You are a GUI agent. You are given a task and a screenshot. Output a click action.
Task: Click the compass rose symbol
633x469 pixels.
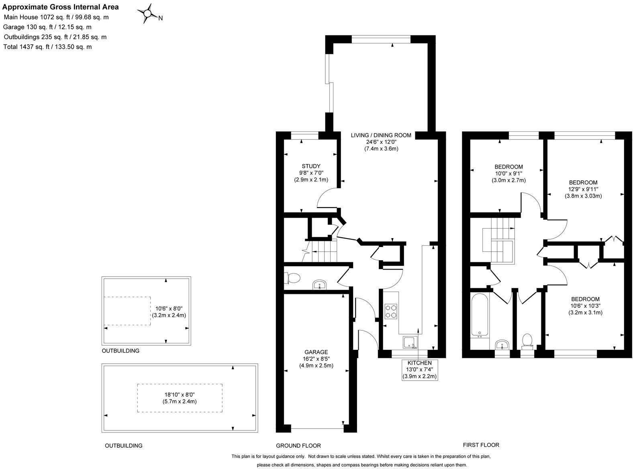(148, 14)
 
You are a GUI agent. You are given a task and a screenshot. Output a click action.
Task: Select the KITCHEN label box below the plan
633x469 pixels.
(420, 369)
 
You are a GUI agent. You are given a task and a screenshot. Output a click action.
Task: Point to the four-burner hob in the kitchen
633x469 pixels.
(391, 311)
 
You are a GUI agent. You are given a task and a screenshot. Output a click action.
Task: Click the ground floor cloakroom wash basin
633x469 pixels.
(320, 285)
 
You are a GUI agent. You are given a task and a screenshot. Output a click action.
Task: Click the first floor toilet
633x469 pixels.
(527, 341)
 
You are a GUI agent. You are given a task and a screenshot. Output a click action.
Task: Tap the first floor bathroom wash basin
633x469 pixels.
(502, 345)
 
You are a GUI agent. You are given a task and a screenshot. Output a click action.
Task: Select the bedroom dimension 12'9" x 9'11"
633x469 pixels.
(583, 189)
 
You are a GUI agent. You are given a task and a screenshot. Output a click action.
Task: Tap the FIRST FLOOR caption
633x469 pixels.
(481, 445)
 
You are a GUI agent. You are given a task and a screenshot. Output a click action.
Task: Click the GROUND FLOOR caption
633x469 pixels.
(298, 445)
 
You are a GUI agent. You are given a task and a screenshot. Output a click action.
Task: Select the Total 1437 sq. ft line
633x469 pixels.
(47, 47)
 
